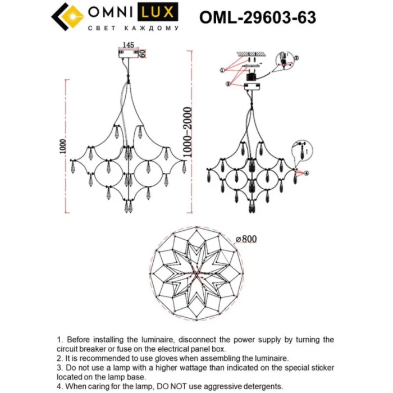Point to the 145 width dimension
[x=127, y=44]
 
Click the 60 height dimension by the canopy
[x=143, y=53]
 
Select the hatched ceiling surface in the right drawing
[x=250, y=54]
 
